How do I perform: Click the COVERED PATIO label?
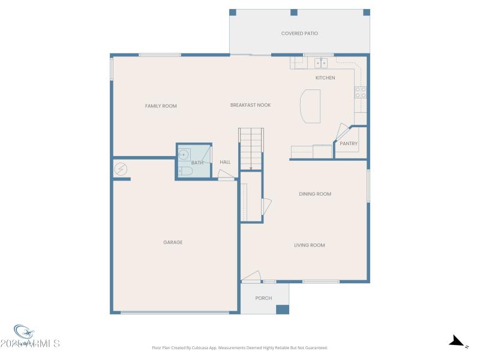click(x=299, y=34)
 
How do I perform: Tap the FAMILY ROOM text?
click(x=161, y=106)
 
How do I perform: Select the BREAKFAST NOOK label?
click(x=250, y=105)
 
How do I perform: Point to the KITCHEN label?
click(x=325, y=78)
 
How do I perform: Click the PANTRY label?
click(x=349, y=144)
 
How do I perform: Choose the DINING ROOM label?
click(x=315, y=194)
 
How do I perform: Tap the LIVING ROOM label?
click(x=309, y=245)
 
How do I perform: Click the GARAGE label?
click(x=173, y=242)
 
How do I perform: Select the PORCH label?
click(x=263, y=298)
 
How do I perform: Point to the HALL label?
click(x=225, y=162)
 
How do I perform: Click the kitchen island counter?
click(x=310, y=106)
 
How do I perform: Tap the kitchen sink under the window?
click(x=321, y=62)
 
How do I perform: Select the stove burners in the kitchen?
click(x=361, y=92)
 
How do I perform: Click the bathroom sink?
click(x=184, y=154)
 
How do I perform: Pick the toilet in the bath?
click(x=185, y=172)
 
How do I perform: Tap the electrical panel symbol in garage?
click(x=120, y=169)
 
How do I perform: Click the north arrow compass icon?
click(x=458, y=342)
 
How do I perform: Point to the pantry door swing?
click(x=343, y=131)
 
